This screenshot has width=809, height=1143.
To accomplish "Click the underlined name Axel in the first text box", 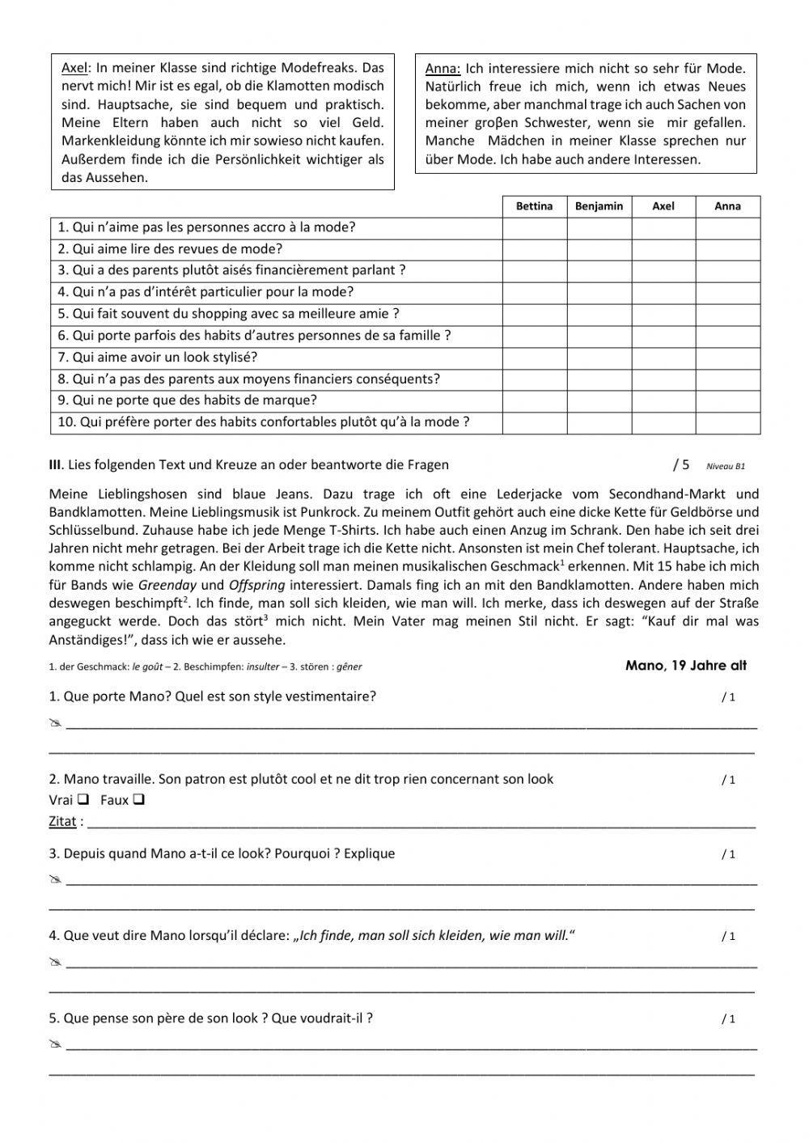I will pos(73,68).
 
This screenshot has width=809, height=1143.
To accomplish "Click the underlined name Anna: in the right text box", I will pos(443,69).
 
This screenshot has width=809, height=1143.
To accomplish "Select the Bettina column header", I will pos(534,206).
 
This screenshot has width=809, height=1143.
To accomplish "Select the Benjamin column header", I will pos(599,206).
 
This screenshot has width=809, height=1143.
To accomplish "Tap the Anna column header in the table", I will pos(727,206).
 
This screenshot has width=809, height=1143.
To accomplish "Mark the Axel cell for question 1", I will pos(663,228).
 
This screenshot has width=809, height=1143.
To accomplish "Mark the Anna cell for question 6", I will pos(727,336).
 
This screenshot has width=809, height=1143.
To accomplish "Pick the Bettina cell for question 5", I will pos(534,314).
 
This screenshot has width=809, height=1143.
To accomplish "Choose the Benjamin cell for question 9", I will pos(599,400).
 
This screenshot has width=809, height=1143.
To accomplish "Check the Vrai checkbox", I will pos(83,801).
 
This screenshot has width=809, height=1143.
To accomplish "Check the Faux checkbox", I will pos(138,801).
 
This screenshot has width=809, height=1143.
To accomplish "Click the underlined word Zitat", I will pos(62,822).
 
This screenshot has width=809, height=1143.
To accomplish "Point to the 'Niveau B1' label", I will pos(725,466).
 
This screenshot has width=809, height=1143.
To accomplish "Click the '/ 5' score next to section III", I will pos(681,464).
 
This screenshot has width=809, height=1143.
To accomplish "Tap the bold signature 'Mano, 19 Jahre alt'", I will pos(686,666).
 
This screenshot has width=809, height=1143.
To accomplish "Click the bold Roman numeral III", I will pos(55,464).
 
